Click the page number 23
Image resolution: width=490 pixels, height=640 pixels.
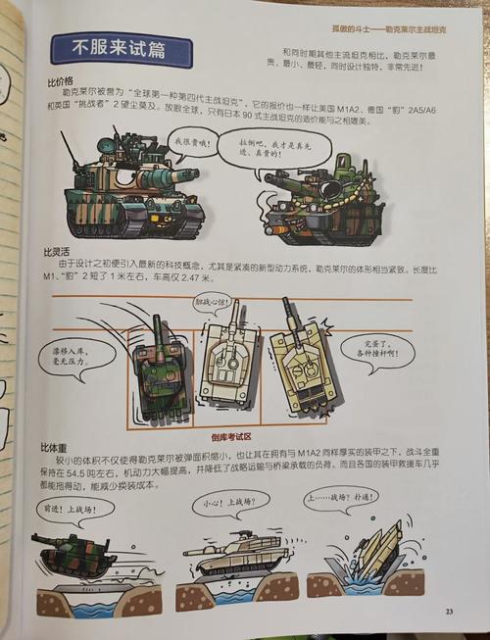(x=448, y=613)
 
